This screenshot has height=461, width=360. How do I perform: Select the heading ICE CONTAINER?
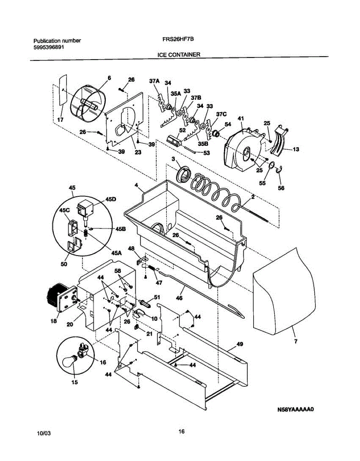coord(179,55)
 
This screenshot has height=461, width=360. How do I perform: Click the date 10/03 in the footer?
coord(44,433)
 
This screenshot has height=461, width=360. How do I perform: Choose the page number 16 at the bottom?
coord(182,431)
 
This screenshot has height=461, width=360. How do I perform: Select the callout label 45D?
coord(111,199)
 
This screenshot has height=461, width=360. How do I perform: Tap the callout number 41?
coord(241,118)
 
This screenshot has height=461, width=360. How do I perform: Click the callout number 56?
coord(281,188)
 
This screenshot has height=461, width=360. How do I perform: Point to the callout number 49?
coord(240,344)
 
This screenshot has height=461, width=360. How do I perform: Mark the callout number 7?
coord(296,342)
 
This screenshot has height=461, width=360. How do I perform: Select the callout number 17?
coord(60,120)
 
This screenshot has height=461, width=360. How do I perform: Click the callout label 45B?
coord(120,229)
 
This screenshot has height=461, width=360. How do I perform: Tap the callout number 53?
coord(207,153)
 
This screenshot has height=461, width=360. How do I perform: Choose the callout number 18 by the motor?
coord(54,321)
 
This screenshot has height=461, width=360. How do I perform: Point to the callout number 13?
coord(296,149)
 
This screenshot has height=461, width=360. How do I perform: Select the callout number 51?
coord(157,297)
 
